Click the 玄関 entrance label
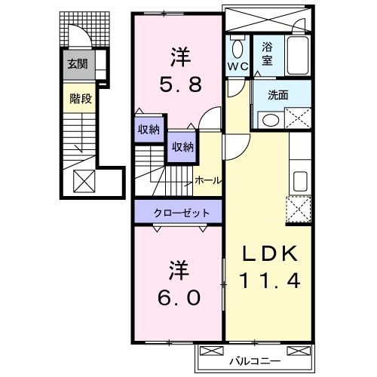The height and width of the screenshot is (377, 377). point(77,65)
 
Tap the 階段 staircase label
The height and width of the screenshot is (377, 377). point(77,97)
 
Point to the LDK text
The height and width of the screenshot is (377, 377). point(270,254)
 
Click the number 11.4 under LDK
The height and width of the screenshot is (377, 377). point(270,281)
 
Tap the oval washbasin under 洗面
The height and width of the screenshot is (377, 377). point(268,119)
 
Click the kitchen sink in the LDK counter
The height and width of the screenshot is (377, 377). point(299,182)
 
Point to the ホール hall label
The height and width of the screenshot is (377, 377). point(208,180)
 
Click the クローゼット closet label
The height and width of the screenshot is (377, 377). point(178,213)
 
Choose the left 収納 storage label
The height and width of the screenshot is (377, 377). point(148,129)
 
